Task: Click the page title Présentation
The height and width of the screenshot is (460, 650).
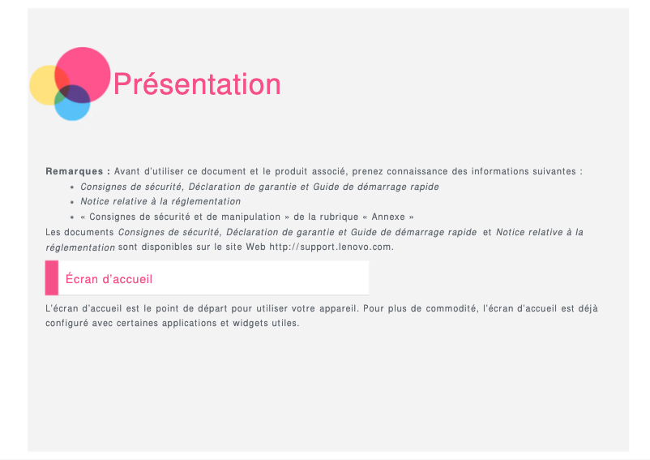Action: pos(197,84)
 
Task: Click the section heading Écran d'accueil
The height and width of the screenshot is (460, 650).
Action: pos(109,279)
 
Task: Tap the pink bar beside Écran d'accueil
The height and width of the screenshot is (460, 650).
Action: pos(52,278)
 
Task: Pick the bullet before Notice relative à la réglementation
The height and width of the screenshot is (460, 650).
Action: pos(73,202)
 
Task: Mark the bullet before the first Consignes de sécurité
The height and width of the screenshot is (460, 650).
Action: pos(73,187)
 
